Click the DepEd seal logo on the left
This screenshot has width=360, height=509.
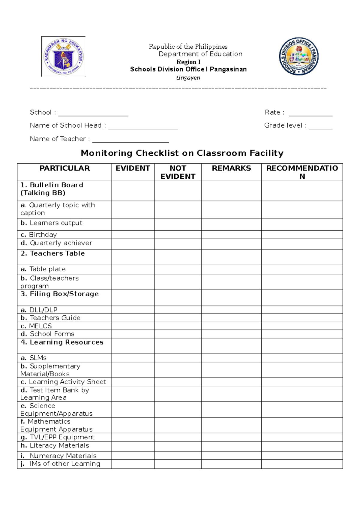[63, 56]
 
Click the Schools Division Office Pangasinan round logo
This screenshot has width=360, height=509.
[299, 56]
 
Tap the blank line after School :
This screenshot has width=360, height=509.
[93, 113]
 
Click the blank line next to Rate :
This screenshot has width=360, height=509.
[310, 113]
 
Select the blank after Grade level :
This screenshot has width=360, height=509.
[321, 126]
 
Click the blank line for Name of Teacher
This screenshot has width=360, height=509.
[130, 140]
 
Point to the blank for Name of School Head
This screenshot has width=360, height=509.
[143, 126]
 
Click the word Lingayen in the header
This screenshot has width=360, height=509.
[188, 78]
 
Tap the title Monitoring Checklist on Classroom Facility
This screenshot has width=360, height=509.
[182, 153]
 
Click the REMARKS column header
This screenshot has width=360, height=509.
[231, 168]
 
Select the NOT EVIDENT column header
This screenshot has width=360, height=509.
[178, 172]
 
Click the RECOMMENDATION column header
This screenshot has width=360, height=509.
[302, 172]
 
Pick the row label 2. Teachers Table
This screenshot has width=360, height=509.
[53, 254]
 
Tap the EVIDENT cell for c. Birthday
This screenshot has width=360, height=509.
[133, 235]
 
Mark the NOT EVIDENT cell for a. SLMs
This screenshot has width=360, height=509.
[178, 358]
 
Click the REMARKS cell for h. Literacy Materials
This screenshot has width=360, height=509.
[231, 446]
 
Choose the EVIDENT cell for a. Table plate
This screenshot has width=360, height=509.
[133, 269]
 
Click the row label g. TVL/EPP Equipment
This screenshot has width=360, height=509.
[58, 437]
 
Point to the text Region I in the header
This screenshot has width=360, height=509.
[188, 62]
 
